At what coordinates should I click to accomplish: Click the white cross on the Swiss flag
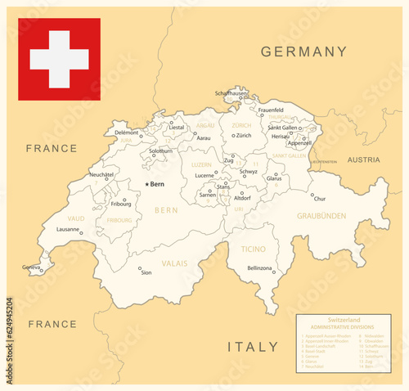coord(59,59)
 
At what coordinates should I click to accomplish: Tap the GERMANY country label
coord(303,52)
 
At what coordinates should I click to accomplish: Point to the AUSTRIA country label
coord(364,160)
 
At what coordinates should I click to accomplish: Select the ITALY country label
coord(253,347)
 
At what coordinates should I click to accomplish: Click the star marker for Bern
coord(146,185)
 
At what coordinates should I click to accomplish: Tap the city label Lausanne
coord(67,231)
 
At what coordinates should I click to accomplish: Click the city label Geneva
coord(31,267)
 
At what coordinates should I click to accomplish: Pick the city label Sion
coord(146,273)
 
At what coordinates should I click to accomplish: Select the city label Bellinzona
coord(259,267)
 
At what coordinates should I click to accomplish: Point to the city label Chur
coord(320,199)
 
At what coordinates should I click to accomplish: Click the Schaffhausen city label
coord(231,93)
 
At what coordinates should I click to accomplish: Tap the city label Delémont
coord(126,133)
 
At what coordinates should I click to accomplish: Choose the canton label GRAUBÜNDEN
coord(321,216)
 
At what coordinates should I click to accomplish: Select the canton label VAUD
coord(76,218)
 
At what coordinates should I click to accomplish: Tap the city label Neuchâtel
coord(101,174)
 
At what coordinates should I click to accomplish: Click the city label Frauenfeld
coord(270,110)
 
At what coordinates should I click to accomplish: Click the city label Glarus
coord(274,178)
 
